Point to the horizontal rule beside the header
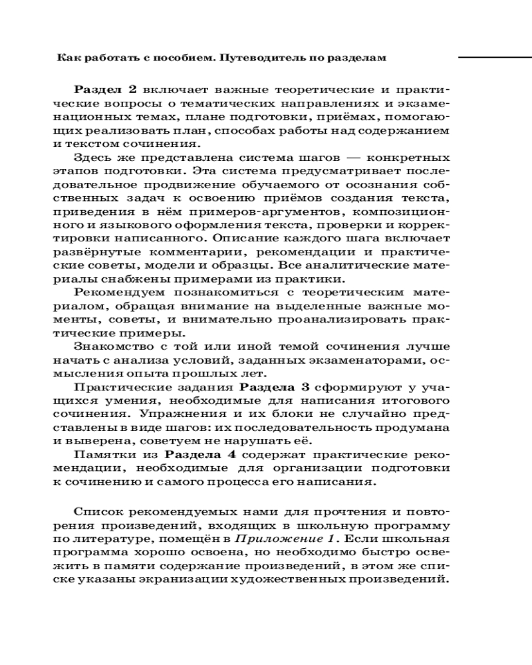coord(495,59)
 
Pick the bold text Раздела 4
coord(200,455)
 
